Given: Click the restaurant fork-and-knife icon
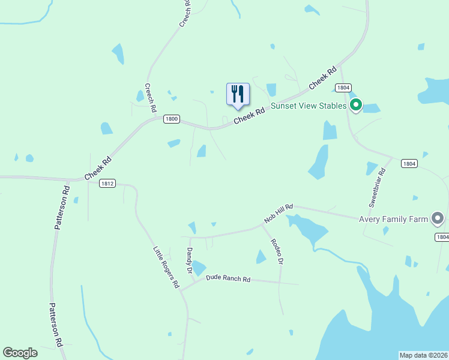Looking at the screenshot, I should (x=238, y=94).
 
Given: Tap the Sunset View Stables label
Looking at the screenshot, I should (x=309, y=106).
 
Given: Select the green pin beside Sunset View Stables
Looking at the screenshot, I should (x=356, y=106).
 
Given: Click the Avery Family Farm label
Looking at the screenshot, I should (x=393, y=219).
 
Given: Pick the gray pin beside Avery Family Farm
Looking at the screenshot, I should (x=438, y=218).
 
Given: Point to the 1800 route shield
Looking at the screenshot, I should (x=172, y=119).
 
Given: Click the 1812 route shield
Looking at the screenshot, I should (x=107, y=184).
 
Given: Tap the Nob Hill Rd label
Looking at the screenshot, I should (x=279, y=214).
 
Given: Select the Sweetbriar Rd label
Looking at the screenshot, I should (x=378, y=188).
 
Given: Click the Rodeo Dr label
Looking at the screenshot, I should (x=276, y=252).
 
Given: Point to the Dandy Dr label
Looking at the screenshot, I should (x=189, y=262).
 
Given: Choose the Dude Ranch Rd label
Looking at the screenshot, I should (x=228, y=278).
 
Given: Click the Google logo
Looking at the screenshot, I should (x=20, y=353).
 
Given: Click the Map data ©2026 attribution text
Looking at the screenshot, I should (x=424, y=355).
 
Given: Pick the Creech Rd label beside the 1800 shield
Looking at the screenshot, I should (x=150, y=98).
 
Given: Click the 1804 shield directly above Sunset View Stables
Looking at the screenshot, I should (x=343, y=88).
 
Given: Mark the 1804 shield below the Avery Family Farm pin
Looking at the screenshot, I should (x=442, y=238).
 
